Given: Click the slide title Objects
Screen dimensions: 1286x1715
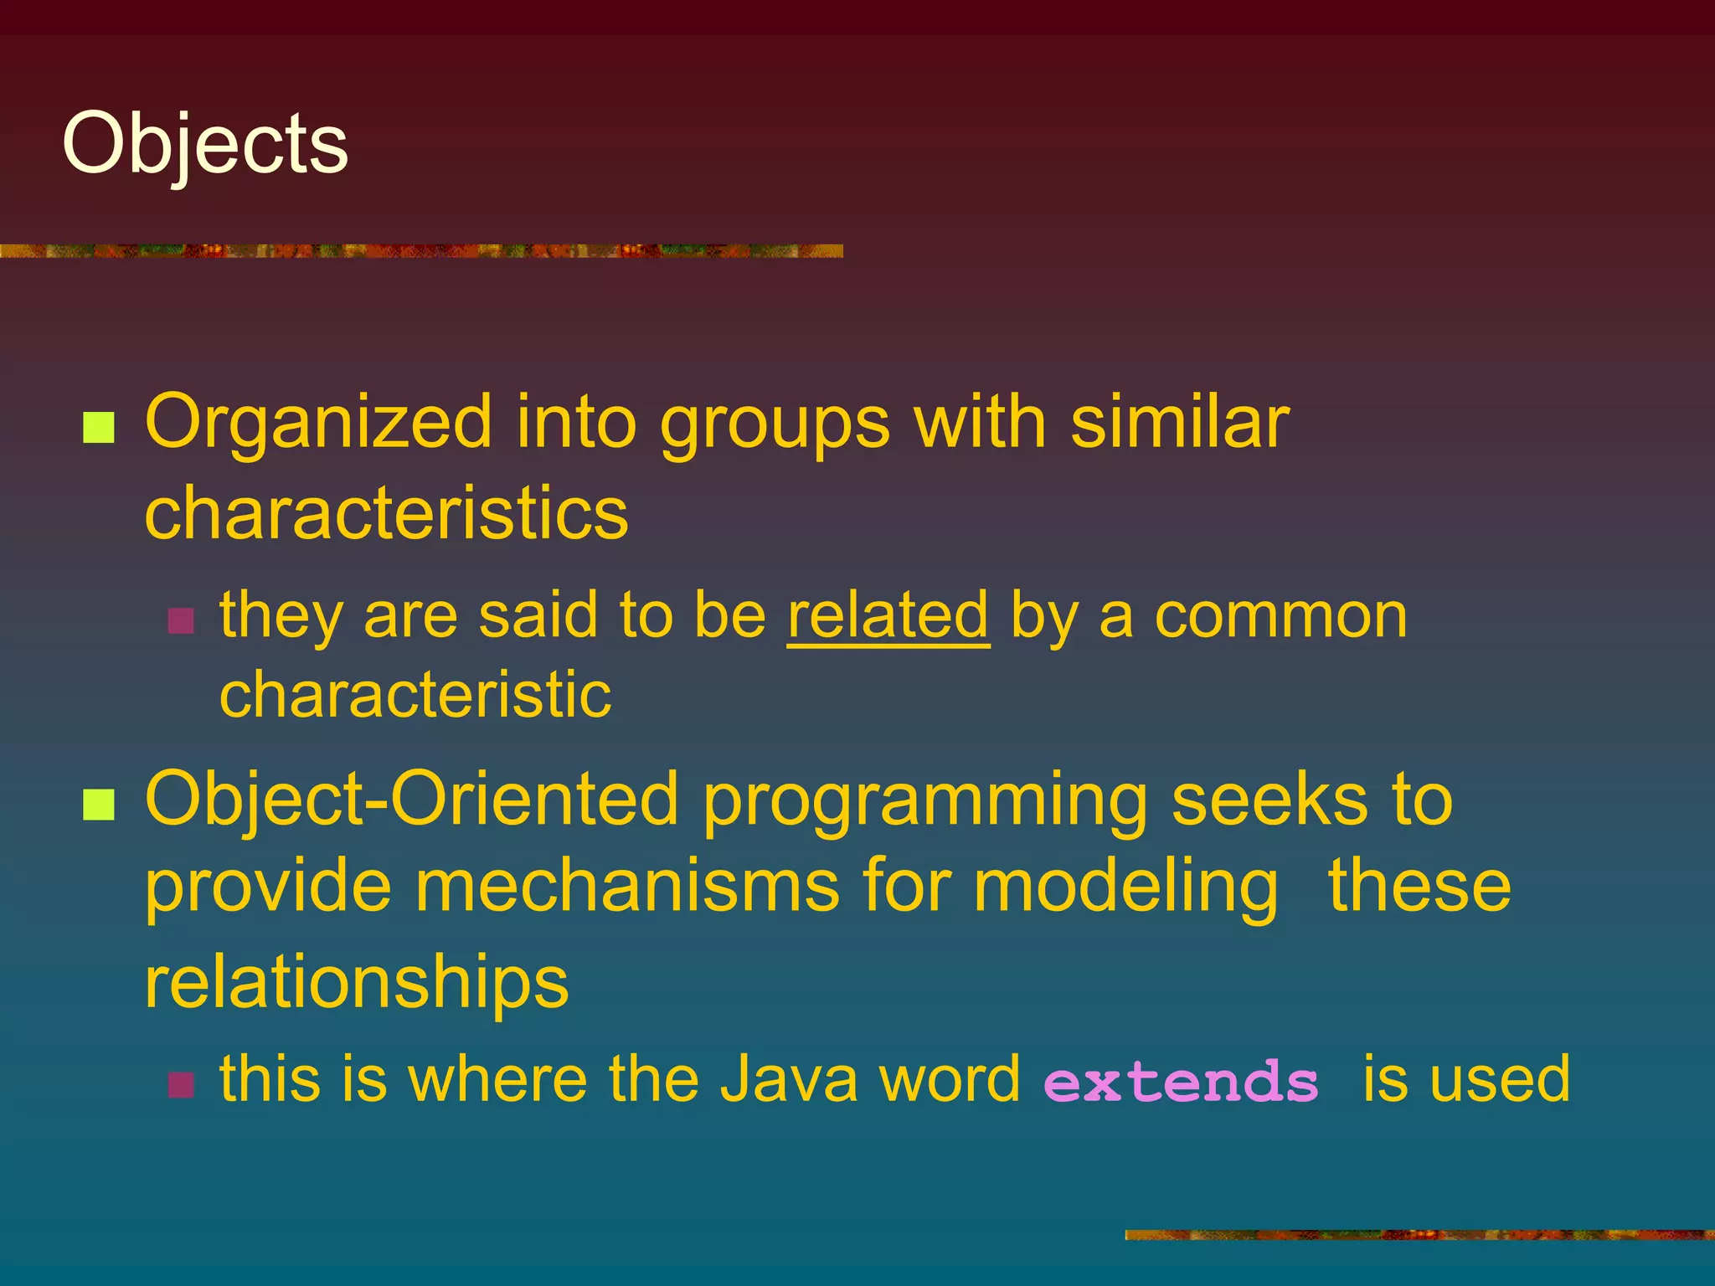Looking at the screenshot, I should (205, 145).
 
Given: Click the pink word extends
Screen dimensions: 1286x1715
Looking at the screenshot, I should (1181, 1081).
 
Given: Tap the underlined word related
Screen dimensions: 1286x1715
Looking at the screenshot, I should (888, 615).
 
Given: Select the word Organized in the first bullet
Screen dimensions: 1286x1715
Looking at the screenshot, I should (318, 424).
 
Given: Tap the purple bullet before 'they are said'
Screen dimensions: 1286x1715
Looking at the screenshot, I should (181, 620).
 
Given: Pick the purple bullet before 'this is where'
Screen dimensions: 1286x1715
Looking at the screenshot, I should (181, 1085).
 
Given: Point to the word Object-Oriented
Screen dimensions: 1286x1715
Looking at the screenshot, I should (411, 800).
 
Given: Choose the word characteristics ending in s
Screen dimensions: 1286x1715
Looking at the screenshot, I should (386, 512).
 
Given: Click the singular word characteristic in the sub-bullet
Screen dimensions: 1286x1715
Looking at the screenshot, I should (415, 695).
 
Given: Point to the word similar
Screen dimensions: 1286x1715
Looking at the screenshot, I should (1180, 422).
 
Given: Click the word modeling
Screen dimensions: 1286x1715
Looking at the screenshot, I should (1125, 887).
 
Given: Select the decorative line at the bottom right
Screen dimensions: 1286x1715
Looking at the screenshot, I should (1419, 1234).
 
